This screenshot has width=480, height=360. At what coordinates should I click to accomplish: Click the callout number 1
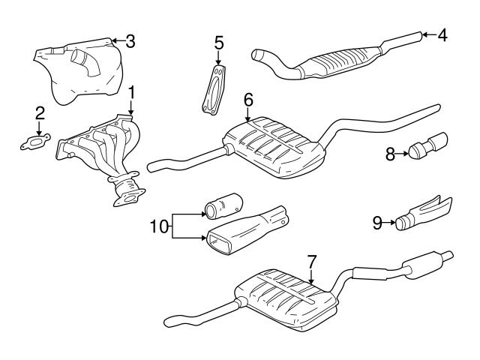(x=132, y=93)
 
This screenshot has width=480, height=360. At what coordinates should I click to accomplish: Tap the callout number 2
(x=40, y=114)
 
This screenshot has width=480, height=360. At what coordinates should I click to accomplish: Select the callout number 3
(x=130, y=40)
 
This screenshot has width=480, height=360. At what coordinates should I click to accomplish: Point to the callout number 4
(x=442, y=34)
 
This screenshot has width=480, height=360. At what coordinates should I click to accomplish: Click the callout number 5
(x=219, y=42)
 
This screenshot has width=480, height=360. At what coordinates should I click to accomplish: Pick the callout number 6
(x=248, y=99)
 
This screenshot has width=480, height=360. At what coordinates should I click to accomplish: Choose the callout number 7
(x=312, y=262)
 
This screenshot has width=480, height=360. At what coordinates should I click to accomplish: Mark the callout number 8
(x=391, y=154)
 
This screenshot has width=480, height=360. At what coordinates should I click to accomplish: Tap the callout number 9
(x=378, y=221)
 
